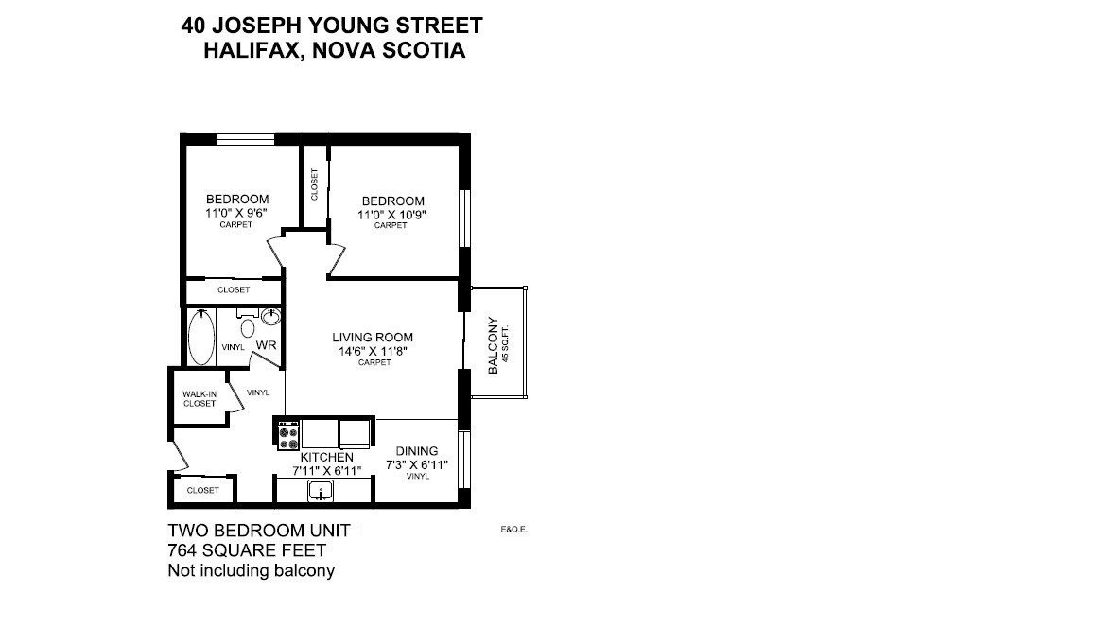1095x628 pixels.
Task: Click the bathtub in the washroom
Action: click(200, 338)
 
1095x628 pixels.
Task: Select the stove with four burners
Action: click(288, 436)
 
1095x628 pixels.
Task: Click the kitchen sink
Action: click(322, 492)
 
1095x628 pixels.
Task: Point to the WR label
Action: click(267, 346)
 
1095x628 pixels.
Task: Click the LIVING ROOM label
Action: click(373, 338)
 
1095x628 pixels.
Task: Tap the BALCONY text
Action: click(493, 345)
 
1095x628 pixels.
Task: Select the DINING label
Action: click(417, 451)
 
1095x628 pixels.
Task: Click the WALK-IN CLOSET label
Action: click(200, 398)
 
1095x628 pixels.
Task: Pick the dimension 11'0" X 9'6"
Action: click(237, 213)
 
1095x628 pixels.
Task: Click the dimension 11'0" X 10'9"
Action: click(392, 214)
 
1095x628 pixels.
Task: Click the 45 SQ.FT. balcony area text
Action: click(506, 345)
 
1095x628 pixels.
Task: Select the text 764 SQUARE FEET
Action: click(247, 550)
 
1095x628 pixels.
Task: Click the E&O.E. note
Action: click(513, 530)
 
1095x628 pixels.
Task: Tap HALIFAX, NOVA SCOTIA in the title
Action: click(334, 51)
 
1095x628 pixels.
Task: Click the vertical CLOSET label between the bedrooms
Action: click(315, 184)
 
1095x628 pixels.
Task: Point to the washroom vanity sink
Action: click(273, 315)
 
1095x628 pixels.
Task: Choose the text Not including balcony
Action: click(251, 570)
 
